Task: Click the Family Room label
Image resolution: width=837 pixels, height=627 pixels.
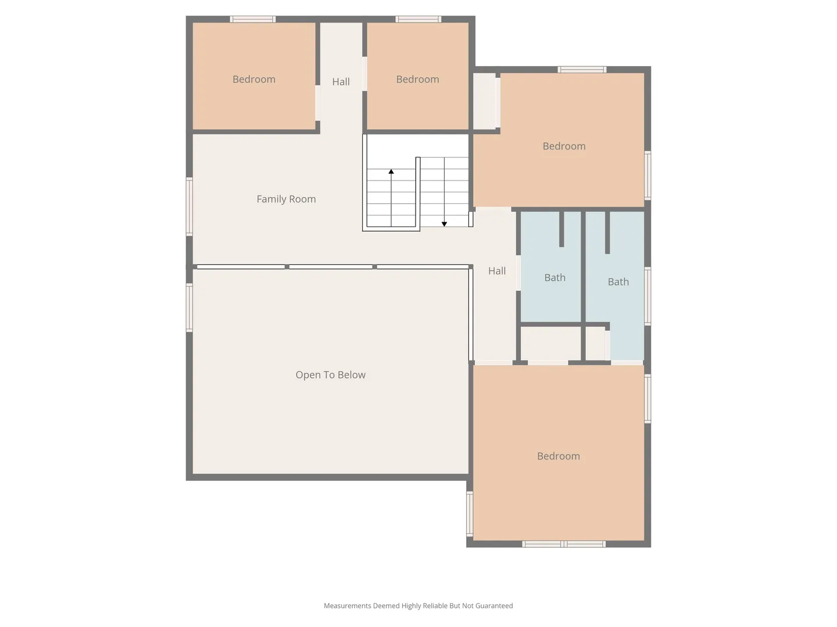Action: pyautogui.click(x=286, y=199)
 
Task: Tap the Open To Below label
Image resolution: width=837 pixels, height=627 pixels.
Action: pyautogui.click(x=330, y=375)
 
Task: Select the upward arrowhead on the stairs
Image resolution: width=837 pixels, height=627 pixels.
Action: pyautogui.click(x=391, y=172)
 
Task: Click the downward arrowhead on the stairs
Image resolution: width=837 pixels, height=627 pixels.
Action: pyautogui.click(x=444, y=224)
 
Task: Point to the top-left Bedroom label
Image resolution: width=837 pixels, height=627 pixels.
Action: pyautogui.click(x=254, y=79)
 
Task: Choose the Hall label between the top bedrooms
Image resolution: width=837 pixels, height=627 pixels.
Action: pyautogui.click(x=341, y=82)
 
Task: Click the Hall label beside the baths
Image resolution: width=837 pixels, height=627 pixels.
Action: pyautogui.click(x=497, y=271)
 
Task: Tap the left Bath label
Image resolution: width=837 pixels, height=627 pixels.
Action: pyautogui.click(x=555, y=278)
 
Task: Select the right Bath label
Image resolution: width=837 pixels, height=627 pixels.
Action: pyautogui.click(x=618, y=282)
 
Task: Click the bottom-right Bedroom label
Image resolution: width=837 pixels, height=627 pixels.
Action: pyautogui.click(x=558, y=456)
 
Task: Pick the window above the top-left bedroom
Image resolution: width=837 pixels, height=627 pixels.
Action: pyautogui.click(x=252, y=19)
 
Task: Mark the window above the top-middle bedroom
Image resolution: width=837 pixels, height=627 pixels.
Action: pyautogui.click(x=418, y=19)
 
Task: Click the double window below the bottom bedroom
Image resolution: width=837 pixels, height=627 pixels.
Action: pyautogui.click(x=564, y=544)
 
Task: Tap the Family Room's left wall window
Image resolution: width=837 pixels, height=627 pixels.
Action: pyautogui.click(x=189, y=207)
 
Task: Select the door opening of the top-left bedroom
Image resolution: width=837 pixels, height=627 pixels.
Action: pyautogui.click(x=317, y=103)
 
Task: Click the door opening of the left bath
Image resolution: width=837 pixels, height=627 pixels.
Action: pyautogui.click(x=518, y=273)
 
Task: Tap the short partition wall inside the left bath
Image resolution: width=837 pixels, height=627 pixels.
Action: pyautogui.click(x=561, y=229)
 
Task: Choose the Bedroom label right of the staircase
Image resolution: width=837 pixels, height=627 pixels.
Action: pyautogui.click(x=564, y=146)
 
